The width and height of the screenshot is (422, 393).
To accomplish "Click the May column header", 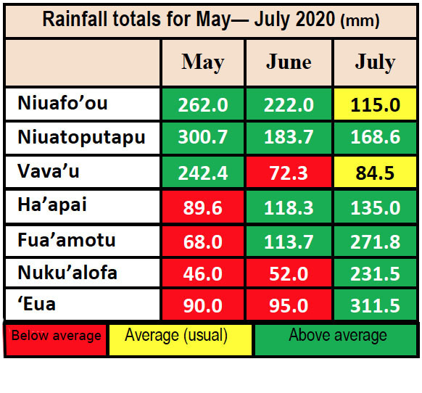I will coord(202,62).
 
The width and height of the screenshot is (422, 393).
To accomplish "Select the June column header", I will coord(289,62).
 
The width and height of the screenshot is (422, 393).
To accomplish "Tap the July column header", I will coord(375,62).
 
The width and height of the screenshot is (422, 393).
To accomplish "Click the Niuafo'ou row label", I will coord(62,104).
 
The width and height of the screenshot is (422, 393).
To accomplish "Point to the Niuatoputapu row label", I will coord(80,138).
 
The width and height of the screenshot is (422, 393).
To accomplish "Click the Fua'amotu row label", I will coord(67,239).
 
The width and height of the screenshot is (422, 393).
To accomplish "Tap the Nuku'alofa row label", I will coord(67,273).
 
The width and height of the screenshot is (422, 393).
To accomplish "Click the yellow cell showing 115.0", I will coord(375,104).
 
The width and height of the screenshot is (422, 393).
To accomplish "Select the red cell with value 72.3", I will coord(289,173).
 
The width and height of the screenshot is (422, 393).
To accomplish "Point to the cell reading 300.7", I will coord(202,138).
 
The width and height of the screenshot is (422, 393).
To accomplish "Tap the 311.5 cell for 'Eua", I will coord(375,305).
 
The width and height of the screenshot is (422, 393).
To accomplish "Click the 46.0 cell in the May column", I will coord(202,273).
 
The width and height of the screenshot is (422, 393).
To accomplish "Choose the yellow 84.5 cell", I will coord(375,173).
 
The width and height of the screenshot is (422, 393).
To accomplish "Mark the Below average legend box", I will coord(56,336).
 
